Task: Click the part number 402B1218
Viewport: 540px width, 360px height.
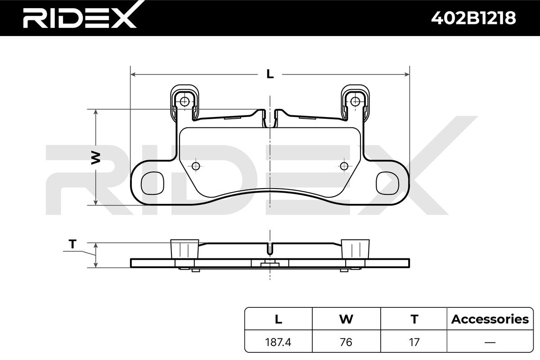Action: pos(473,18)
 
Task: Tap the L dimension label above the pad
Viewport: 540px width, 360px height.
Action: pos(270,74)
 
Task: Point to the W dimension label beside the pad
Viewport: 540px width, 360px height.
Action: pos(95,157)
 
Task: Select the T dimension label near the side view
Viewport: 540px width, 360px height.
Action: pos(72,244)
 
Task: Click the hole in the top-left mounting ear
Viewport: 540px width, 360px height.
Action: pos(184,101)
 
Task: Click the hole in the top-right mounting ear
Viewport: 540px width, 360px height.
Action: pos(355,101)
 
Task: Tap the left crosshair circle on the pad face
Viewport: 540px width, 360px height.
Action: pos(195,166)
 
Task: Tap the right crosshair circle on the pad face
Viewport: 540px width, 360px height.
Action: pos(344,166)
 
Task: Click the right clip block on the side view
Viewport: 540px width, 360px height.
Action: pos(355,248)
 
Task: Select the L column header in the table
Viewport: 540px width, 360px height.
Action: pos(279,319)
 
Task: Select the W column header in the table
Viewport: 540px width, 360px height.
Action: pos(346,319)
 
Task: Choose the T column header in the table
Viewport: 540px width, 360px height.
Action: pos(414,319)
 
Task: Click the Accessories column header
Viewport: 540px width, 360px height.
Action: pos(490,319)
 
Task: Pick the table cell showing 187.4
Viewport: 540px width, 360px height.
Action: pos(279,342)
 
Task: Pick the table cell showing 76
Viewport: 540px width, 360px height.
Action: pos(346,342)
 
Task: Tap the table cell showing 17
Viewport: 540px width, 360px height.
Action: pos(414,342)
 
